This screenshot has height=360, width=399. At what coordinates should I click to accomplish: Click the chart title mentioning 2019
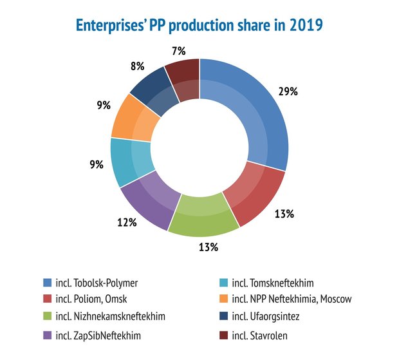[199, 26]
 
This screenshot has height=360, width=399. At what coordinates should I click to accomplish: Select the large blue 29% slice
[257, 116]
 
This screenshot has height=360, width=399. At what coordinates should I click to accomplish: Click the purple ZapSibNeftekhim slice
[147, 203]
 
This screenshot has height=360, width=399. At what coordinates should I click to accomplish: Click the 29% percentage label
[287, 91]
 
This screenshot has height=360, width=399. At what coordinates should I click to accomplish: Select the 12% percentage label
[127, 222]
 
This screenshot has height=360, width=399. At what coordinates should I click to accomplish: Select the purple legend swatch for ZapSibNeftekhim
[47, 335]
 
